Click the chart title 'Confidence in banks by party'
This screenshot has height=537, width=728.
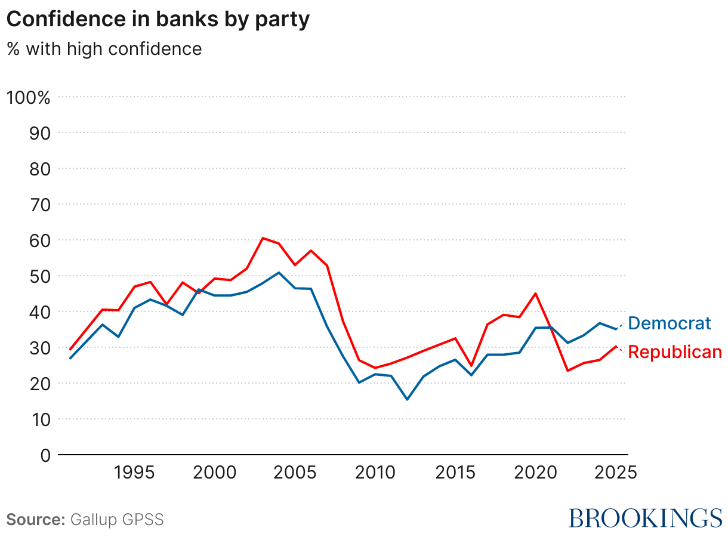(x=158, y=19)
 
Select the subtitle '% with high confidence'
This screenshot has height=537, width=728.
(x=104, y=48)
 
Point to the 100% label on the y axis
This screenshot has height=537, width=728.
(x=28, y=97)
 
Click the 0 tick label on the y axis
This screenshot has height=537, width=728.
(x=45, y=455)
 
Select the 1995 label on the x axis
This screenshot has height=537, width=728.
(x=134, y=473)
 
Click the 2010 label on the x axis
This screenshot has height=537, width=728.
(x=375, y=473)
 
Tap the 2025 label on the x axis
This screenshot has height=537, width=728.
(x=616, y=473)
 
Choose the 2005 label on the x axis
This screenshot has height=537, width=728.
(x=295, y=473)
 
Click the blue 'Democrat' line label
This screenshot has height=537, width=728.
(x=670, y=323)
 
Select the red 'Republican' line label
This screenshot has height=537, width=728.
(x=675, y=353)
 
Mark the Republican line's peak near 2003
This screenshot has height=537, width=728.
(x=263, y=238)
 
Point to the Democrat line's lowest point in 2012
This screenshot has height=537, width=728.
(x=408, y=399)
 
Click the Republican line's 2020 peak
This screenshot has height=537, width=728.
(x=536, y=294)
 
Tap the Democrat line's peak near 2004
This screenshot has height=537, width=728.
(x=279, y=273)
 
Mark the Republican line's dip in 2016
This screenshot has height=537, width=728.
(x=471, y=366)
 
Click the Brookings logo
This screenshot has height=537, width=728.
(x=645, y=518)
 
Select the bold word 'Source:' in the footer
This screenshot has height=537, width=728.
(x=35, y=519)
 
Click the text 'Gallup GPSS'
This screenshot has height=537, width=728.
(x=117, y=519)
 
